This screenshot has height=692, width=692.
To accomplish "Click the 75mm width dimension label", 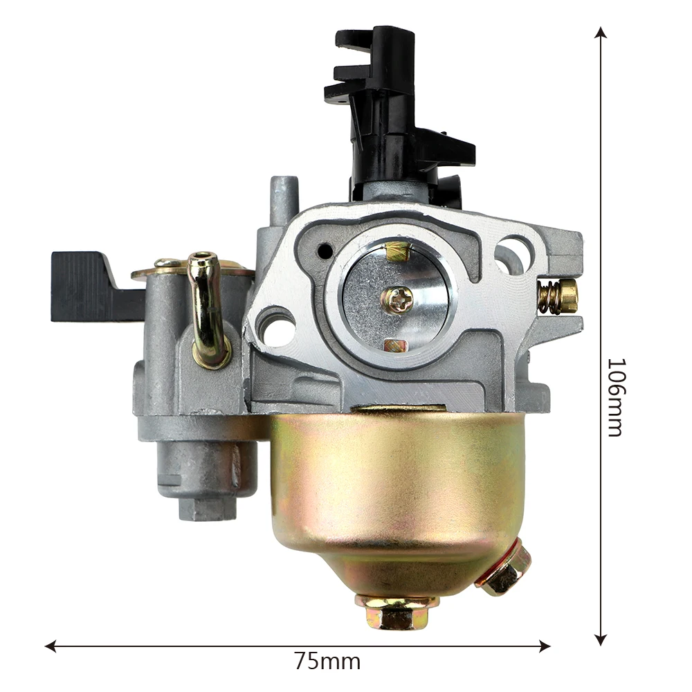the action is (327, 661).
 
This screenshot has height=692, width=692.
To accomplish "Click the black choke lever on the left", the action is (89, 286).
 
